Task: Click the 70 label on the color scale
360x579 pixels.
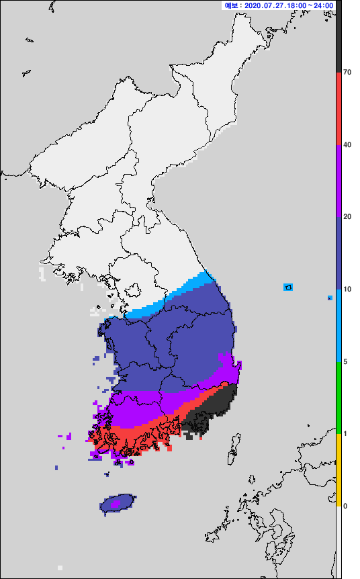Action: [347, 72]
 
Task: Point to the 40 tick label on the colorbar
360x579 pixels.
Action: [347, 144]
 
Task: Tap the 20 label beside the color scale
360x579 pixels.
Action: [347, 217]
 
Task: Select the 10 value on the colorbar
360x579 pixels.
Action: [347, 289]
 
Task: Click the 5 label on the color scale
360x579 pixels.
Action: [345, 362]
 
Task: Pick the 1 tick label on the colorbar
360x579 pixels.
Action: [345, 434]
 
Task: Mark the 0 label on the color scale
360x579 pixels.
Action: [345, 506]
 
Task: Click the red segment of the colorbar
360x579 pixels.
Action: [339, 107]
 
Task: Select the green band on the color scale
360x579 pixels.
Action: [339, 398]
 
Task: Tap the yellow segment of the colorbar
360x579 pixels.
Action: [339, 470]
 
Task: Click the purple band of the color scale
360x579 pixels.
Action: [339, 180]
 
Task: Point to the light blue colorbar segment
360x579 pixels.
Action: [339, 326]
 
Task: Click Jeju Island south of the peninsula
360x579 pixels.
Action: [118, 503]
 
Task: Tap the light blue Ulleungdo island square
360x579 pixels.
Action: [288, 287]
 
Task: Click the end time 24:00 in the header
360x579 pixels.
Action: [323, 5]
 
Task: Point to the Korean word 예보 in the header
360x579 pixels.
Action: [232, 5]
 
